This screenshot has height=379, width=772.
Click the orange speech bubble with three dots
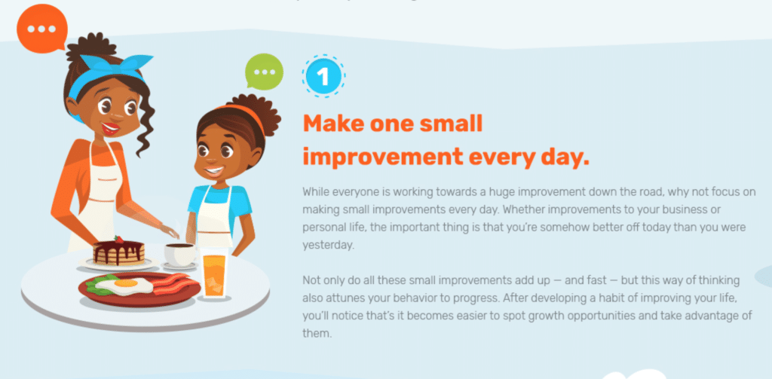pos(42,29)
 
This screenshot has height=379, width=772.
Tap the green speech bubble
pos(265,72)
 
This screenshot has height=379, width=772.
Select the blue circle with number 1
pos(323,76)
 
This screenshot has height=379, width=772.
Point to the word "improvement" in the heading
pos(382,157)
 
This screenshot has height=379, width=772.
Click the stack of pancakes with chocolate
pos(118,252)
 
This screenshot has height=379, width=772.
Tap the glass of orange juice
pos(213,274)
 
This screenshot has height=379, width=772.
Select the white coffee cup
pos(179,255)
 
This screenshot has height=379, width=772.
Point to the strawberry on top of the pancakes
pos(118,240)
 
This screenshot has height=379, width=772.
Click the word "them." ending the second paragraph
pos(317,333)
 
